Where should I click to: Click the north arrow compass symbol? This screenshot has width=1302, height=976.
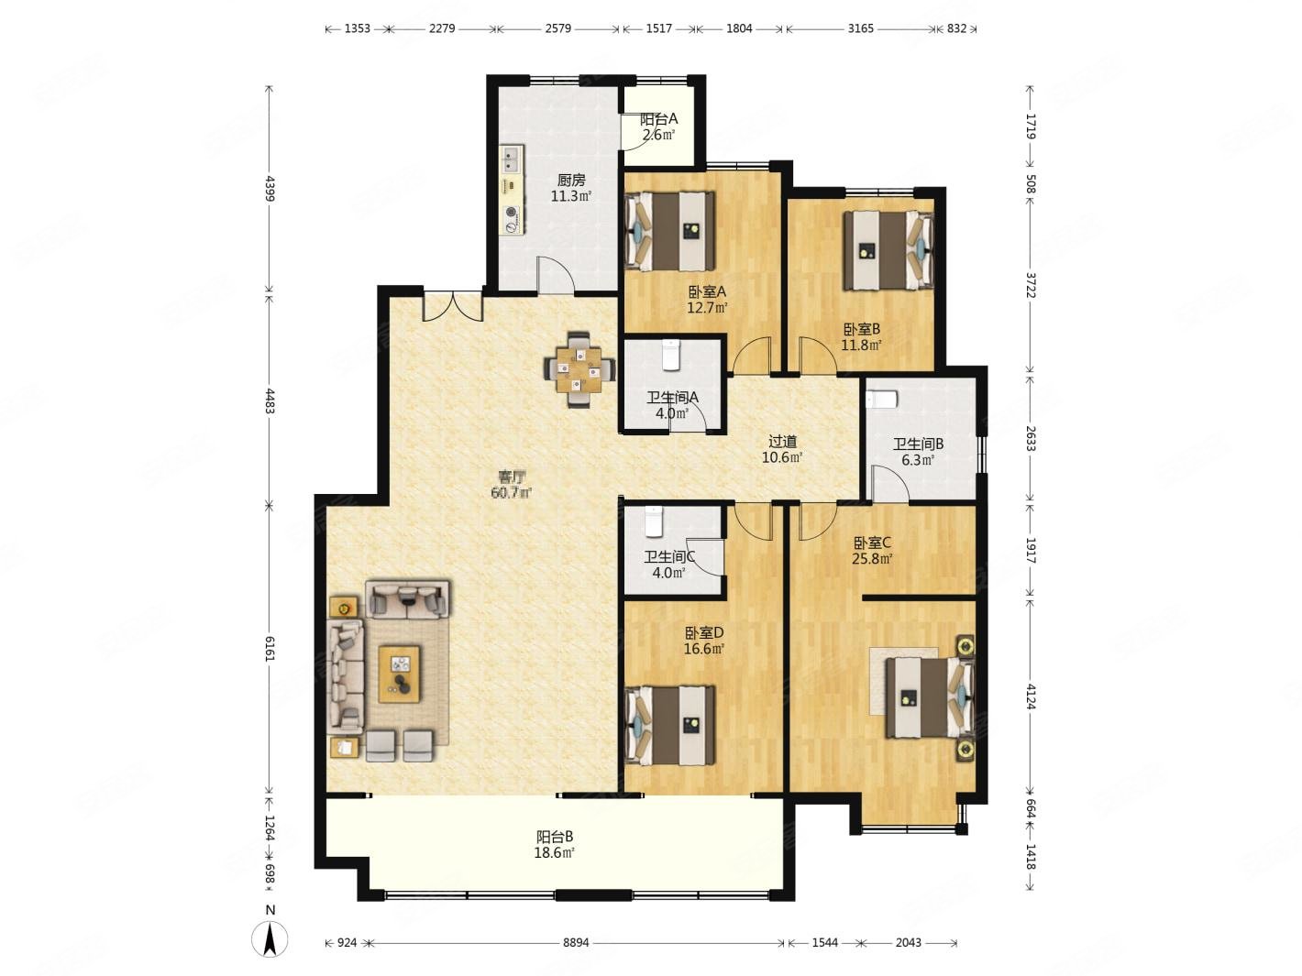[270, 939]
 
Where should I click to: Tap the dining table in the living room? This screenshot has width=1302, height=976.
[579, 369]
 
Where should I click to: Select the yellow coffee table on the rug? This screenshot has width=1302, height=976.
[399, 674]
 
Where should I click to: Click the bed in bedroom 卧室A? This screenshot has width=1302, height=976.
[669, 231]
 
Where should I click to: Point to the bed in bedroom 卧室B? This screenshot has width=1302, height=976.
[888, 251]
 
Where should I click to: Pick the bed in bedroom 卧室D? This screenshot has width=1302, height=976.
[669, 726]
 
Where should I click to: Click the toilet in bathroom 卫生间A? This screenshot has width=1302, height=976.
[670, 356]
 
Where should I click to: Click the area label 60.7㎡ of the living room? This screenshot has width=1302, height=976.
[512, 492]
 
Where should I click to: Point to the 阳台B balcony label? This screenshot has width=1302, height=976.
[555, 836]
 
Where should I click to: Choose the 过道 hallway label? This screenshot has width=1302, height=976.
[782, 442]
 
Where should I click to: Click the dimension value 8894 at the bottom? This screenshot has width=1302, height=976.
[576, 942]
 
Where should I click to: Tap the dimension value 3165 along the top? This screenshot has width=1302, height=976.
[860, 28]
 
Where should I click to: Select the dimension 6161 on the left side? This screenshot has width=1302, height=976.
[270, 649]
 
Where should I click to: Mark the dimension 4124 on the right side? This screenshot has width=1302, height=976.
[1031, 696]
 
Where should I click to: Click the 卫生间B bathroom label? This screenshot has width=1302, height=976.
[918, 444]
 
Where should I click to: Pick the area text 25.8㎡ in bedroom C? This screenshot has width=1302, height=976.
[873, 558]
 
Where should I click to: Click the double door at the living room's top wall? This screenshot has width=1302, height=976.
[453, 306]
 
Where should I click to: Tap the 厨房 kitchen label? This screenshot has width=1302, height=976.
[571, 180]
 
